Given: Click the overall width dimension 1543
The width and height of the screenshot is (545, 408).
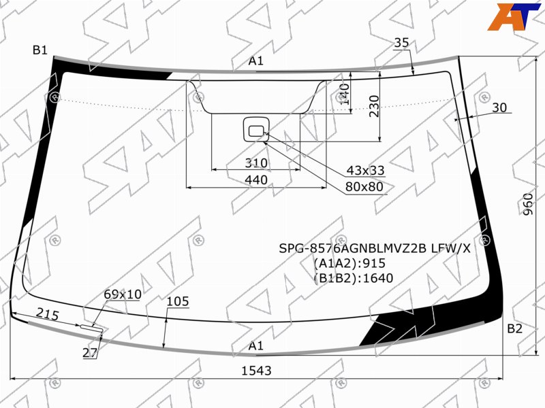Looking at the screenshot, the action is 256,371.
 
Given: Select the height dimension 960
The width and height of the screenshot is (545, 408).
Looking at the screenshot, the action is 527,205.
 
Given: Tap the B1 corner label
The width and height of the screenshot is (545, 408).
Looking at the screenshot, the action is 40,50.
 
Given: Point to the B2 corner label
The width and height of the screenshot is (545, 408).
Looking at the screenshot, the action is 515,328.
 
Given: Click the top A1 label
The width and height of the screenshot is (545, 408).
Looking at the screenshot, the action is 256,61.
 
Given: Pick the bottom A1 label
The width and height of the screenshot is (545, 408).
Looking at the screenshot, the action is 256,345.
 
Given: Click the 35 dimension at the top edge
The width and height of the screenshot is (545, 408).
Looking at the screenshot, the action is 401,43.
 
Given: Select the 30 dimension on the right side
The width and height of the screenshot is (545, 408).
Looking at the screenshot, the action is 499,107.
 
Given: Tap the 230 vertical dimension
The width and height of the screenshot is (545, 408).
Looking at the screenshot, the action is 374,106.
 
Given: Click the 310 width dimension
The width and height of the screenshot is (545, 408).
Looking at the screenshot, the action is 256,163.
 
